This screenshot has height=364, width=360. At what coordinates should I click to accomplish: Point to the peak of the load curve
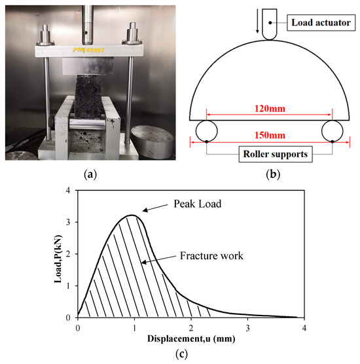pyautogui.click(x=133, y=215)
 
